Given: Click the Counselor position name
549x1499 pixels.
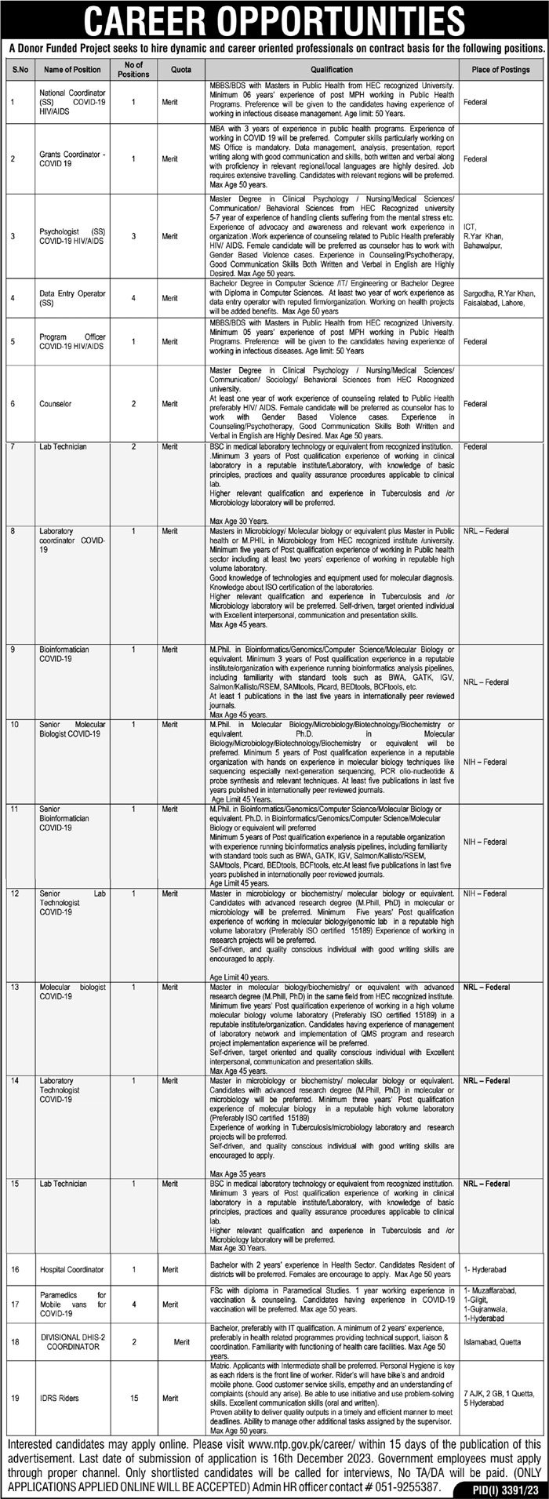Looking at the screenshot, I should pos(54,403).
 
